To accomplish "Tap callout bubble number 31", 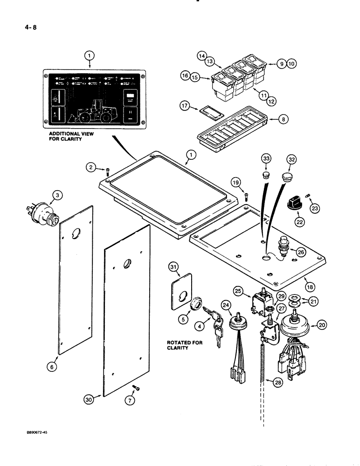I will (x=174, y=267).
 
